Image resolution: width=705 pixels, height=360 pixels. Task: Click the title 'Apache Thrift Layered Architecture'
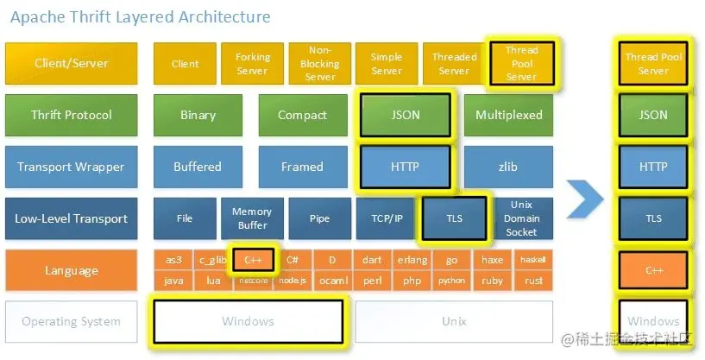(x=138, y=17)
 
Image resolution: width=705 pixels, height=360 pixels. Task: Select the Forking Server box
(x=252, y=64)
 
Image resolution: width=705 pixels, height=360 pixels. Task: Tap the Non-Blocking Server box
(x=320, y=64)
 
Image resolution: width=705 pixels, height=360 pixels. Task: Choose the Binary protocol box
(x=198, y=115)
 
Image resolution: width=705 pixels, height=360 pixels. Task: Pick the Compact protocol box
(x=302, y=115)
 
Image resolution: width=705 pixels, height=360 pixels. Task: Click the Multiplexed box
(x=509, y=115)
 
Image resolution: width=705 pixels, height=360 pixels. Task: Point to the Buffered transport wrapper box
(x=198, y=167)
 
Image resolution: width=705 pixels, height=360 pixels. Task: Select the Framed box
(x=302, y=167)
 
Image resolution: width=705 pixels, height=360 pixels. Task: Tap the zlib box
(x=509, y=167)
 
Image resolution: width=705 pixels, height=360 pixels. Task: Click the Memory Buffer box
(x=252, y=218)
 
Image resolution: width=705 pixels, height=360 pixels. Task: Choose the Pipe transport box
(x=320, y=218)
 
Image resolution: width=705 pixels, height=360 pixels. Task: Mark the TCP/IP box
(x=386, y=218)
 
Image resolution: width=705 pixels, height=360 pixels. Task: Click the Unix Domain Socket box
(x=521, y=218)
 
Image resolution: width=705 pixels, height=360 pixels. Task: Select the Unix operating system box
(x=454, y=322)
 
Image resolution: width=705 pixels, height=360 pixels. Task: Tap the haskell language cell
(x=533, y=259)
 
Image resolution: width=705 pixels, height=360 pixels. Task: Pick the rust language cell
(x=533, y=281)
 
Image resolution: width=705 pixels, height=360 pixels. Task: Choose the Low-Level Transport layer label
(x=71, y=218)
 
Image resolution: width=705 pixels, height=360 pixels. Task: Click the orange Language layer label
(x=71, y=270)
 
